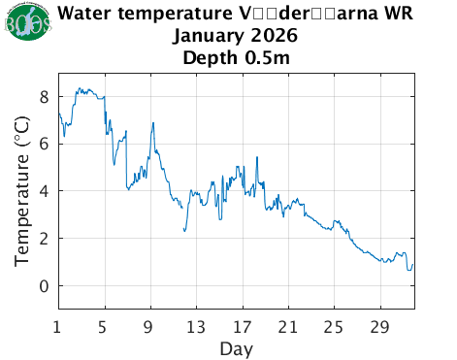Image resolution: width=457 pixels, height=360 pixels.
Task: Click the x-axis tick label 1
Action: [x=58, y=325]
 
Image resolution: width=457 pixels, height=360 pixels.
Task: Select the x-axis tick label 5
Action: [x=104, y=325]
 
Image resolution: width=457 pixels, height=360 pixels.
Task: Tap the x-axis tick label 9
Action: [x=150, y=325]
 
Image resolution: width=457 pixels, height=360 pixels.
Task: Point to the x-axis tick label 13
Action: [x=196, y=325]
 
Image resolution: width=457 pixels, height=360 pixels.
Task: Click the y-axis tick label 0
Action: [x=44, y=285]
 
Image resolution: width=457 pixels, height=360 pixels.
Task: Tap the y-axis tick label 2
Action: [x=44, y=238]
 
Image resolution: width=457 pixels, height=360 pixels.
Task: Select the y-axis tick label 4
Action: [x=44, y=191]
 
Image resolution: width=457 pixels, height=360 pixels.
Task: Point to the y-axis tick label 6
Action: [x=44, y=144]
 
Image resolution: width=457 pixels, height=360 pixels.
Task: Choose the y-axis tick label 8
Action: [x=44, y=96]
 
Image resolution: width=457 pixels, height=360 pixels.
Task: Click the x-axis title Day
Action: [x=236, y=346]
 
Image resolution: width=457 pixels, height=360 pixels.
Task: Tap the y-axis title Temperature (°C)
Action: [x=20, y=190]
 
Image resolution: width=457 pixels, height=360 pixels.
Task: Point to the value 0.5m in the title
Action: [x=266, y=57]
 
